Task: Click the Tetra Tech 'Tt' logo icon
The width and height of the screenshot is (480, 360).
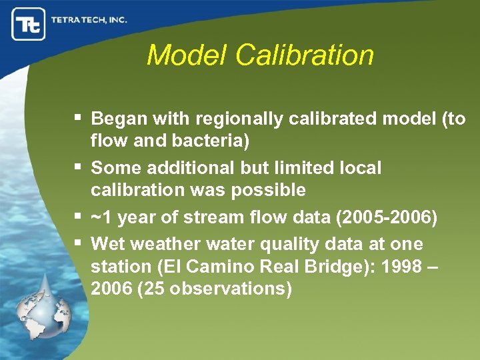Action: (x=29, y=25)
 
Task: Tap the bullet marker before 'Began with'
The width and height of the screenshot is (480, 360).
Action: (x=78, y=118)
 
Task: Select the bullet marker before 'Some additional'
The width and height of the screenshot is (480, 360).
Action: (x=78, y=166)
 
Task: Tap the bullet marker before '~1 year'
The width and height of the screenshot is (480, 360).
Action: (x=78, y=216)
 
